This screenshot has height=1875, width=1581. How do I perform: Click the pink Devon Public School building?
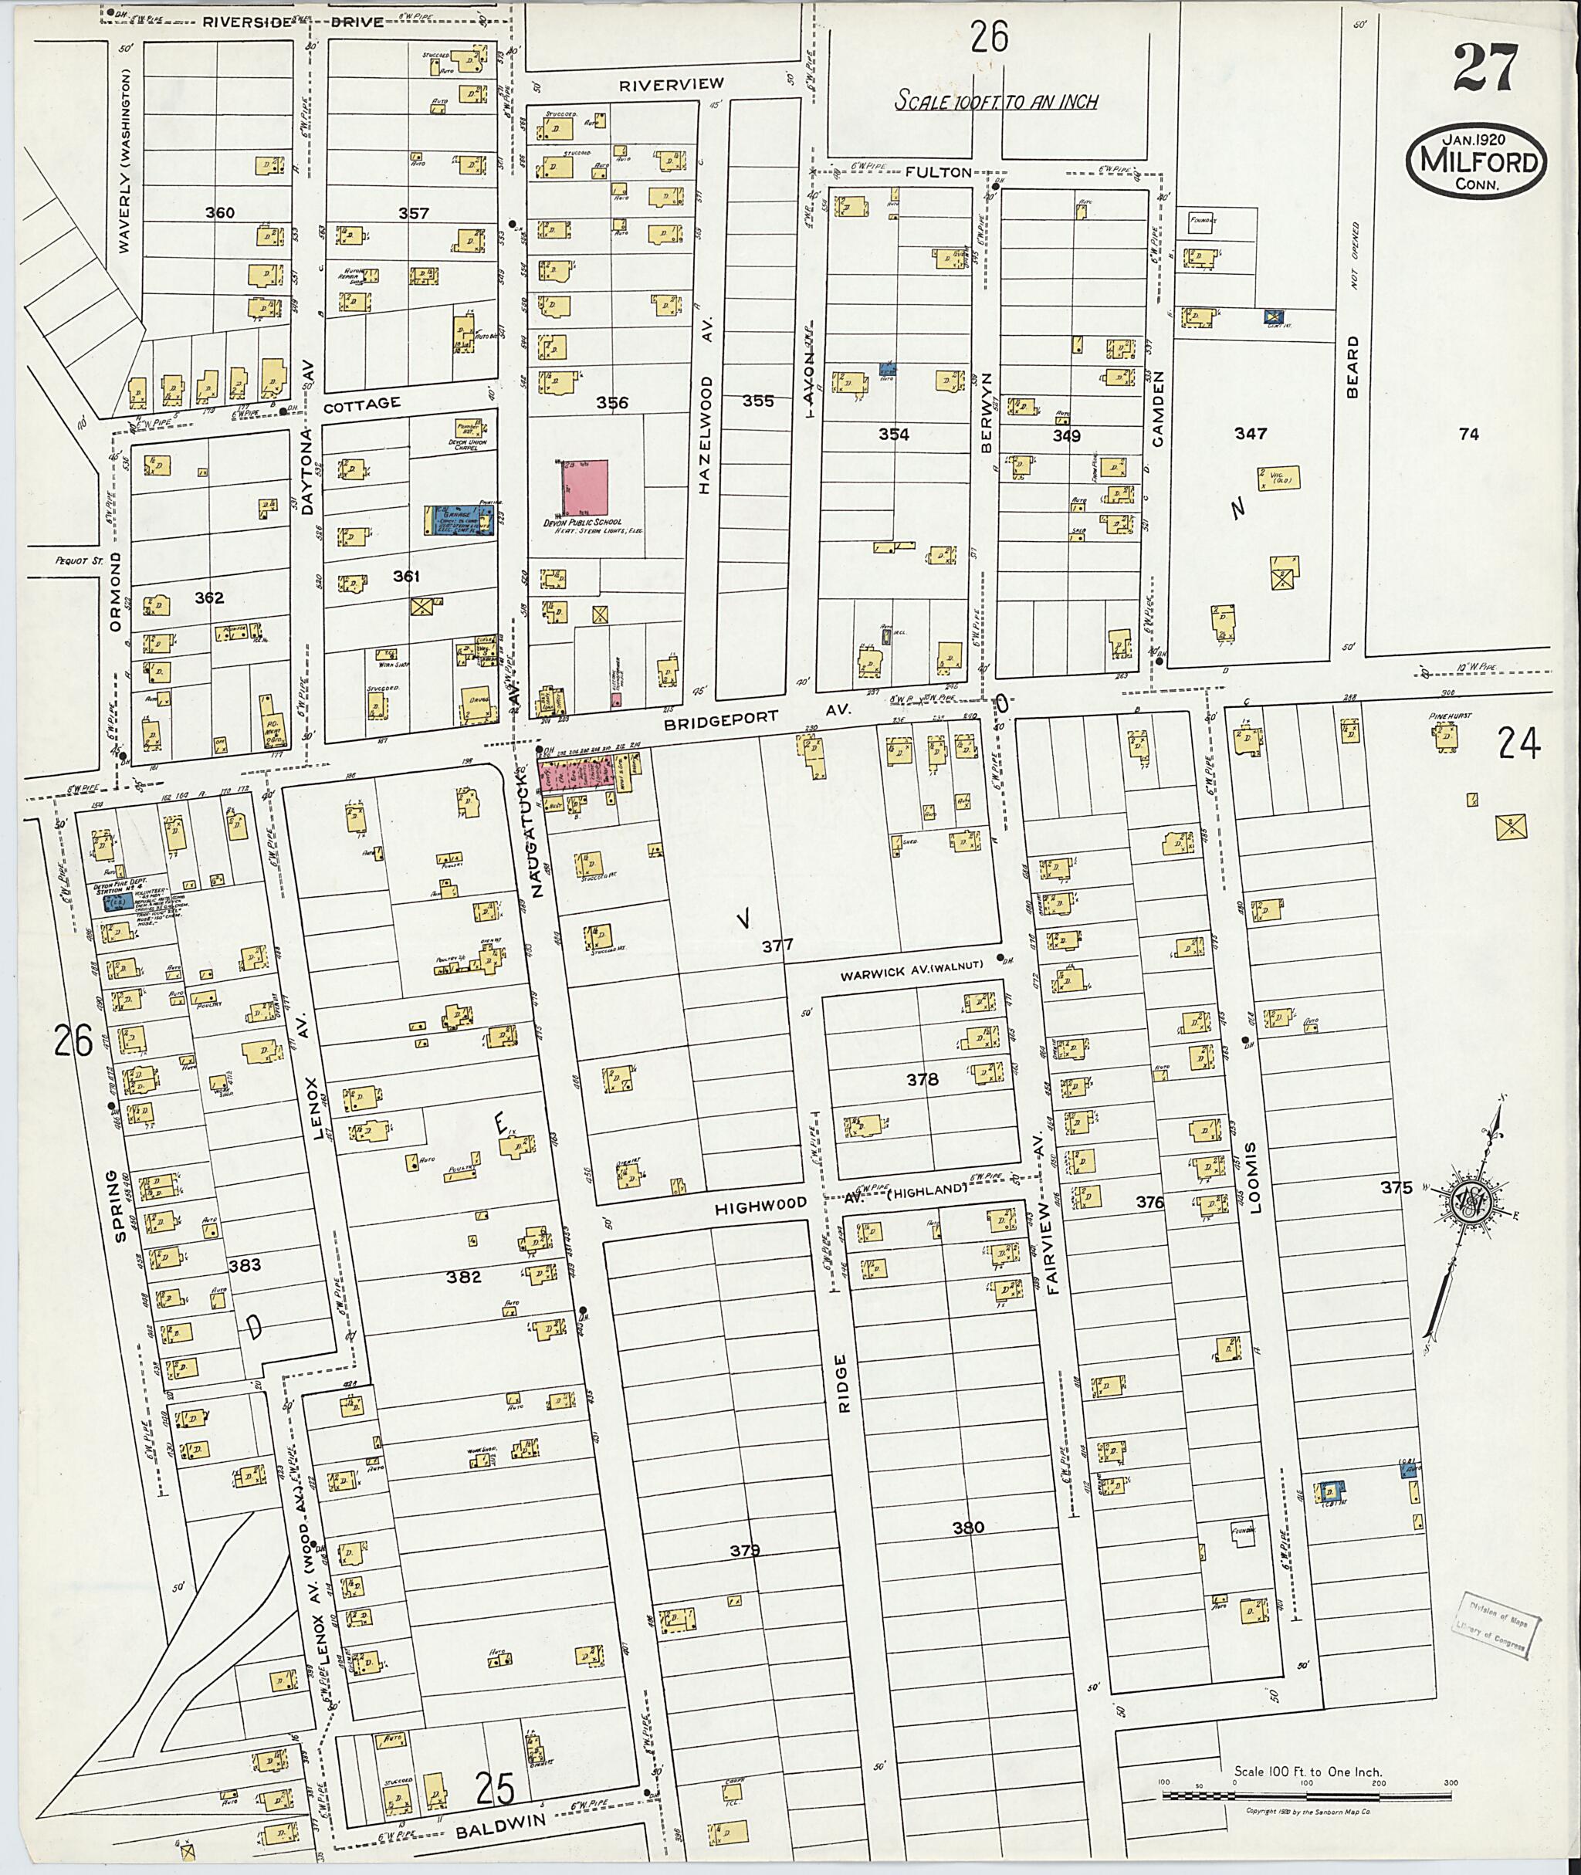point(585,488)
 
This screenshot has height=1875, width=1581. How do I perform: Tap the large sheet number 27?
point(1486,68)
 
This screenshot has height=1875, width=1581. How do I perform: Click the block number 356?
point(612,403)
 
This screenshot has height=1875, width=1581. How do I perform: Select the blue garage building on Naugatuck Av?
point(460,520)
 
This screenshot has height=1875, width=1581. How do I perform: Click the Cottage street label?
point(361,404)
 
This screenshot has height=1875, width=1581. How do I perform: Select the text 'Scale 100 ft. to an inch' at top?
point(997,101)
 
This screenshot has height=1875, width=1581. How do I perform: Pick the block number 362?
point(209,597)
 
